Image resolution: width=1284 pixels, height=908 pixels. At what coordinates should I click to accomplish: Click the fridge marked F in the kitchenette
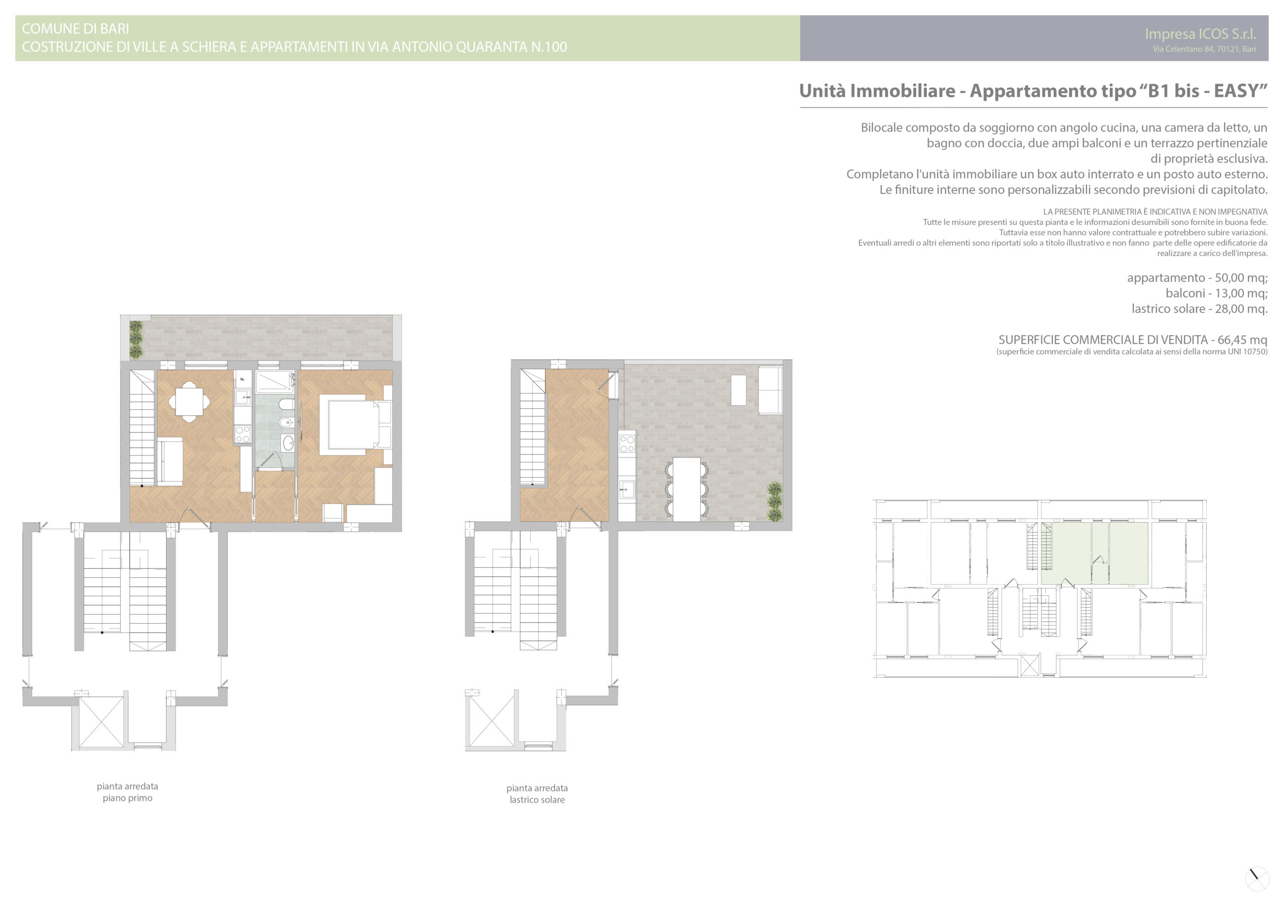(x=243, y=379)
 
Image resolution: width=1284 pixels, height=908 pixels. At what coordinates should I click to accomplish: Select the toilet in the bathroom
(x=286, y=404)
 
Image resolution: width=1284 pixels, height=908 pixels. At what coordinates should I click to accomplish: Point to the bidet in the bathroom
(x=287, y=422)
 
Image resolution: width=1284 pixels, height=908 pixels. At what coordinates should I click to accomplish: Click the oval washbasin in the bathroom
(x=288, y=443)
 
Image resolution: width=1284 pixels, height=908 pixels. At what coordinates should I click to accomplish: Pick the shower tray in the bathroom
(x=274, y=382)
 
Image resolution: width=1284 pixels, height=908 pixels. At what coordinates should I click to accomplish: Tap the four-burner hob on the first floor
(x=243, y=434)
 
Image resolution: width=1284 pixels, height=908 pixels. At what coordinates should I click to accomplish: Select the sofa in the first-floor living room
(x=170, y=461)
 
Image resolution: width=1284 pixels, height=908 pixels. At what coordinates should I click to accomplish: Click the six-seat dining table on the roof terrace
(x=687, y=490)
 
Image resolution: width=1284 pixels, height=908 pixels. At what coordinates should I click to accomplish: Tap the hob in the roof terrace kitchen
(x=627, y=443)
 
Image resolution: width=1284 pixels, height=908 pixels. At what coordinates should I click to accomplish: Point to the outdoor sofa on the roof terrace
(x=770, y=390)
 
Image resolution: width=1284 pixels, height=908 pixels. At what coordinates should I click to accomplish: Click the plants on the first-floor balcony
(x=136, y=339)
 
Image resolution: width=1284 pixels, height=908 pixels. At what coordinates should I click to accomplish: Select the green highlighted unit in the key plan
(x=1094, y=553)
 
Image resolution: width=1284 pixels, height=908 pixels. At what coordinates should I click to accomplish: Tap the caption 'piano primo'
(x=127, y=798)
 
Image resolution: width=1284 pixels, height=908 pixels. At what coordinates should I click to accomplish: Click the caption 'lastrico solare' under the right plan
(x=537, y=800)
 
